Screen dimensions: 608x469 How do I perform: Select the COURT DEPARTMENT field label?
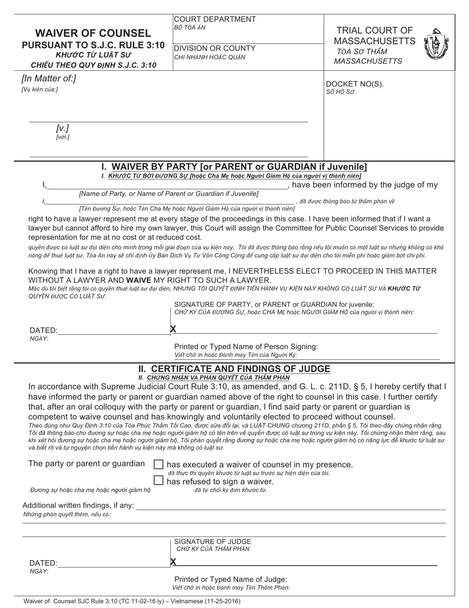coord(215,19)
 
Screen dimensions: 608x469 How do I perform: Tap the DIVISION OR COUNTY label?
coord(215,48)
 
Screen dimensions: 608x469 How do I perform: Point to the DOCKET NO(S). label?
coord(354,84)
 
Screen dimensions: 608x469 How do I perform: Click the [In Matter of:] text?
coord(48,78)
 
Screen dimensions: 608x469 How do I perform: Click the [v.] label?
coord(63,129)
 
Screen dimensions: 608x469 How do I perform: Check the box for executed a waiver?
coord(158,464)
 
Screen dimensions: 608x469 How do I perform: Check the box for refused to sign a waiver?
coord(158,480)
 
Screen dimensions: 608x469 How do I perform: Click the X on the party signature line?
coord(173,329)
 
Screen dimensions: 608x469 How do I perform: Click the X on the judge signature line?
coord(173,562)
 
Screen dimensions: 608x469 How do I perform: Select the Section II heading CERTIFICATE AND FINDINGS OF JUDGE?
coord(234,369)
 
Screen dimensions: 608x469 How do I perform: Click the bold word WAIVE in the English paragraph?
coord(140,280)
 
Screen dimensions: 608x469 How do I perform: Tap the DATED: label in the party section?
coord(43,331)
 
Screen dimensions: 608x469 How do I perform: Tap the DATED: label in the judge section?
coord(43,564)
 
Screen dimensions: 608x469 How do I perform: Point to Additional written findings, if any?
coord(78,505)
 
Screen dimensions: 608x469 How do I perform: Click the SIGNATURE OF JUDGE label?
coord(212,542)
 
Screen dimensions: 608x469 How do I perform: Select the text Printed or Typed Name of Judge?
coord(231,579)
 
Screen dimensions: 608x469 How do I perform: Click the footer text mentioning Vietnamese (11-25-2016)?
coord(132,602)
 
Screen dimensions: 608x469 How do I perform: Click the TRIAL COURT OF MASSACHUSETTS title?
coord(374,36)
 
